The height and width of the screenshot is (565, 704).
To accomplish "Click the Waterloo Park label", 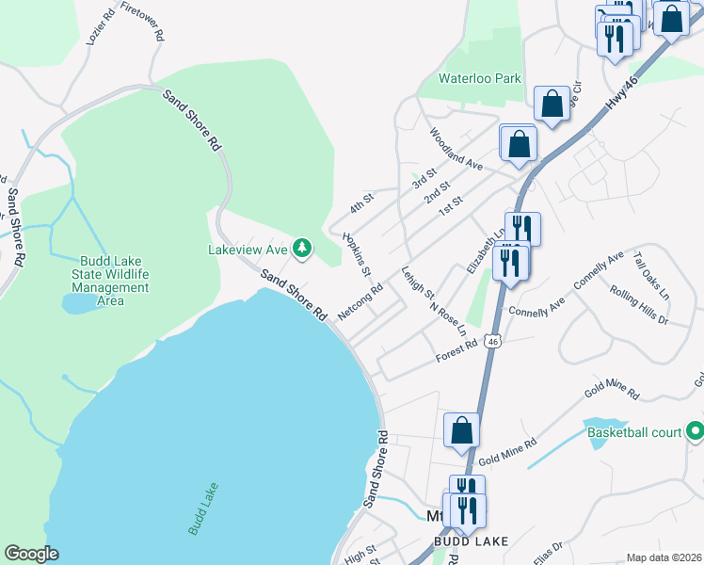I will pyautogui.click(x=479, y=79).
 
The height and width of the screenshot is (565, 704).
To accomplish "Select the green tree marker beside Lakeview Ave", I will pyautogui.click(x=302, y=249).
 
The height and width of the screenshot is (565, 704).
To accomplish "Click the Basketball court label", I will pyautogui.click(x=634, y=433).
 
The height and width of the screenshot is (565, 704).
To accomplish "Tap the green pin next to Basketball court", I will pyautogui.click(x=695, y=432).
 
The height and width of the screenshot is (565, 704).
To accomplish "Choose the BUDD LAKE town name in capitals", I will pyautogui.click(x=472, y=541).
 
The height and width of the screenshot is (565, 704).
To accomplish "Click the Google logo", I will pyautogui.click(x=32, y=554).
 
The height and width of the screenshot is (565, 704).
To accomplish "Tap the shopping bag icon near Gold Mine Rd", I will pyautogui.click(x=462, y=430).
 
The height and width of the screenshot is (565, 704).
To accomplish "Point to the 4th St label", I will pyautogui.click(x=362, y=202).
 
